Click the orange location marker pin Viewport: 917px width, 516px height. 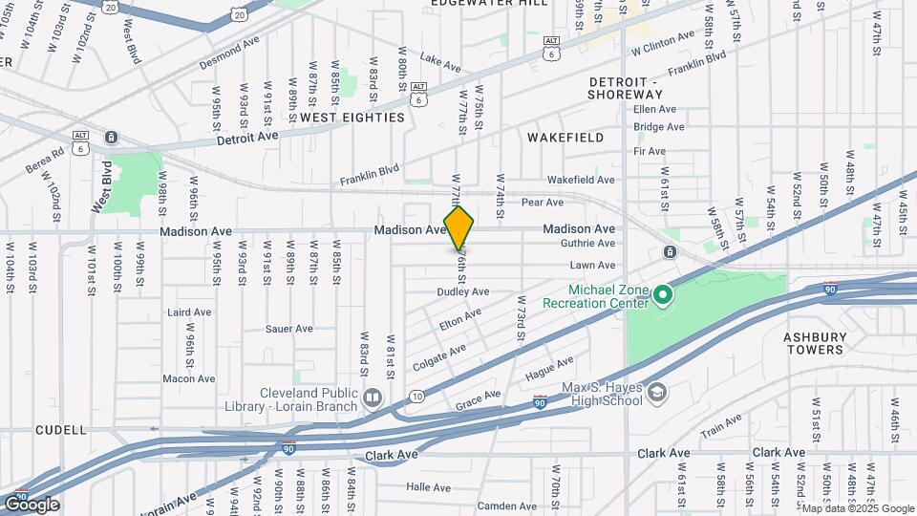pos(458,228)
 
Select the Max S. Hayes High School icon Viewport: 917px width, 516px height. pos(658,392)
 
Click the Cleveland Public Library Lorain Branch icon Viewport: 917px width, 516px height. pos(373,397)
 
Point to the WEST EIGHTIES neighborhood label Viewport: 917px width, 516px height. pos(352,117)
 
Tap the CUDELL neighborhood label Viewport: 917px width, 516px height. pos(61,430)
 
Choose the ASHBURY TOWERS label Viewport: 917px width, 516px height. pos(814,343)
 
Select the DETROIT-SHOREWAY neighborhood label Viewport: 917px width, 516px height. pos(625,88)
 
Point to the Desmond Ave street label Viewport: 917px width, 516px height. pos(229,56)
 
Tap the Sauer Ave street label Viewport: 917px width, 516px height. pos(289,329)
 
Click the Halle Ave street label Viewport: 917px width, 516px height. pos(428,486)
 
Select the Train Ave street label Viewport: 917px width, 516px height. pos(720,425)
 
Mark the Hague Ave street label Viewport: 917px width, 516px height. pos(550,367)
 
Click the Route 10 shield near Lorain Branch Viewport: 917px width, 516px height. pos(416,396)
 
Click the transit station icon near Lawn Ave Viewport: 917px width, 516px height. pos(671,252)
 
